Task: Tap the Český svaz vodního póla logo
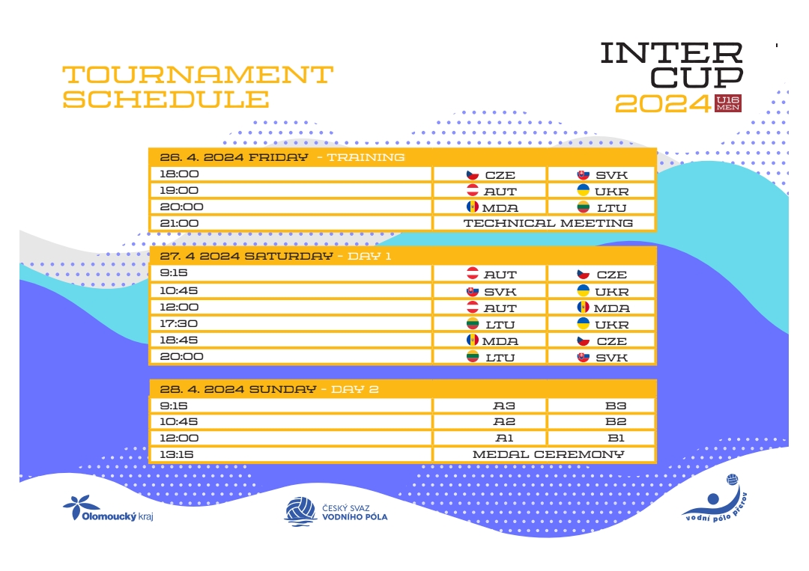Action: coord(336,512)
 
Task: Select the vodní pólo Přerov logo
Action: coord(715,498)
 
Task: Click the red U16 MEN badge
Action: coord(728,103)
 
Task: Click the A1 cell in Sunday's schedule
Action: coord(490,438)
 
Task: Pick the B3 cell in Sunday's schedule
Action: coord(602,406)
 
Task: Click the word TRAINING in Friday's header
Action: coord(366,157)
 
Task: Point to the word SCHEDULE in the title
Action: coord(166,99)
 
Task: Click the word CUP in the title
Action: coord(696,77)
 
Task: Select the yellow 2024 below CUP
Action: coord(663,103)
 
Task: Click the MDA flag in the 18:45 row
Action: coord(472,340)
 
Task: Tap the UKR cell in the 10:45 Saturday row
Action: coord(602,291)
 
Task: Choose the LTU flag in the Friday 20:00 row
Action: coord(583,207)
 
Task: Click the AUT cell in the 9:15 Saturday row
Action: coord(490,274)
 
